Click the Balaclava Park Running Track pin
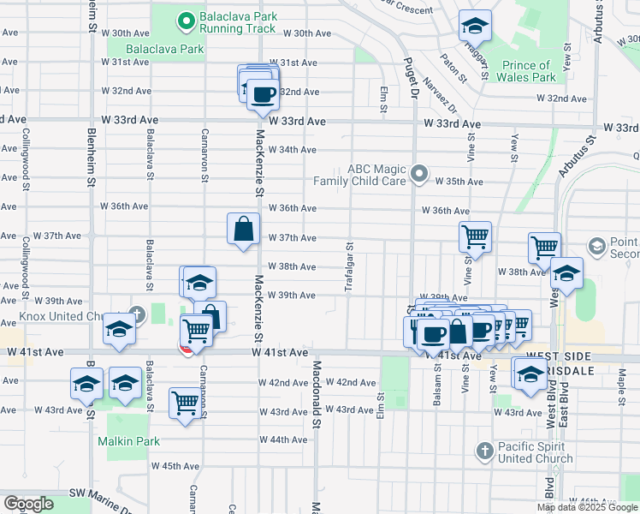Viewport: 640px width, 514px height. [184, 21]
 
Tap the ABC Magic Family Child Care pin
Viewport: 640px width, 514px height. [418, 175]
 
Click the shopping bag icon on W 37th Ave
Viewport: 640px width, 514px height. [243, 229]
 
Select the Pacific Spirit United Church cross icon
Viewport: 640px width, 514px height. [484, 451]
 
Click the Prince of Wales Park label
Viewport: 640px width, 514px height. [526, 71]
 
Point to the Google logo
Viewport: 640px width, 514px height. [28, 504]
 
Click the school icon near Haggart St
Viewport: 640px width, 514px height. [475, 27]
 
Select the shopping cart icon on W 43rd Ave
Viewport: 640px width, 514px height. [185, 403]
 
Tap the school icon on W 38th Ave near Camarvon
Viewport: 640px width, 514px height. [199, 283]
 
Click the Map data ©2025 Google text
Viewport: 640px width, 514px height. [587, 507]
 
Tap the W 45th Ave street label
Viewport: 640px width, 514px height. [175, 466]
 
